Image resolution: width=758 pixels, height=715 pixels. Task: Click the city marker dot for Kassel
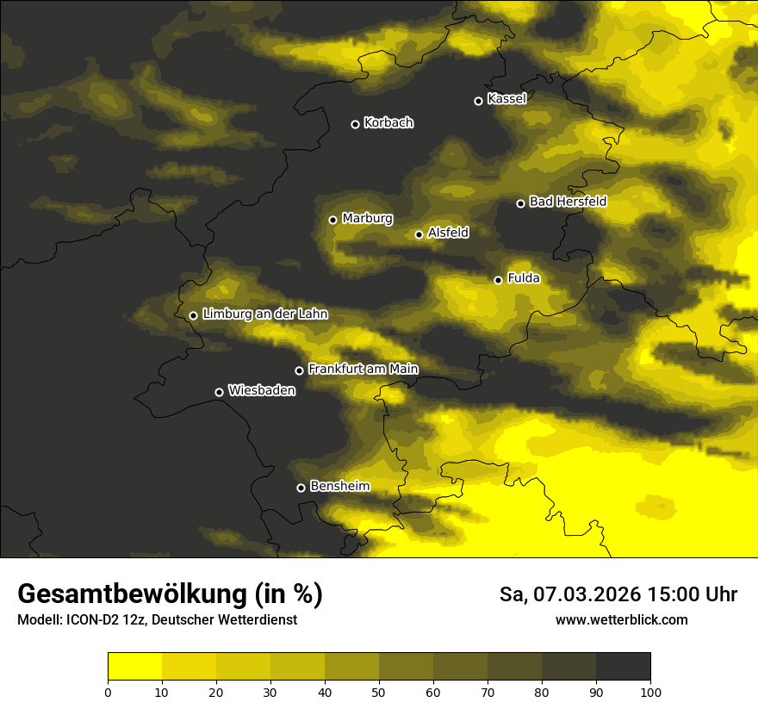478,101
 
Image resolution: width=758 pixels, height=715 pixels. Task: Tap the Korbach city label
388,123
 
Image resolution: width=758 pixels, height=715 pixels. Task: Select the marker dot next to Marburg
332,220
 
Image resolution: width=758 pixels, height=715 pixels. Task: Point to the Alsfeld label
448,233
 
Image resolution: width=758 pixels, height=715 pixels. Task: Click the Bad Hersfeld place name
568,202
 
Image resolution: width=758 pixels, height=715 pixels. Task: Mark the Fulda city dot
498,280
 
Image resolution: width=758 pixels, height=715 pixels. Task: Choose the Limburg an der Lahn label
264,314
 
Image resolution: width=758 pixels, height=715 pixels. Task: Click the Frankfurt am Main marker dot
299,370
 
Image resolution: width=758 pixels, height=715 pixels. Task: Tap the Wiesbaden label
262,391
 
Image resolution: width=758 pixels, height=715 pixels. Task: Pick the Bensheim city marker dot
301,488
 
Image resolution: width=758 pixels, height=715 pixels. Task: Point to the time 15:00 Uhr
697,594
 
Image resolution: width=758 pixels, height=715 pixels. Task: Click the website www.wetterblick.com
622,619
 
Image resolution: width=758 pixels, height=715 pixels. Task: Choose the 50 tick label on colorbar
379,691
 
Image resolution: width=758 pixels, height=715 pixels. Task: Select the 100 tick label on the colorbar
650,691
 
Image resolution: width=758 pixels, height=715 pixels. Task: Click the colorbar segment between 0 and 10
135,667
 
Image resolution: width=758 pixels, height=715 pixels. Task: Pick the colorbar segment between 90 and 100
623,667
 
